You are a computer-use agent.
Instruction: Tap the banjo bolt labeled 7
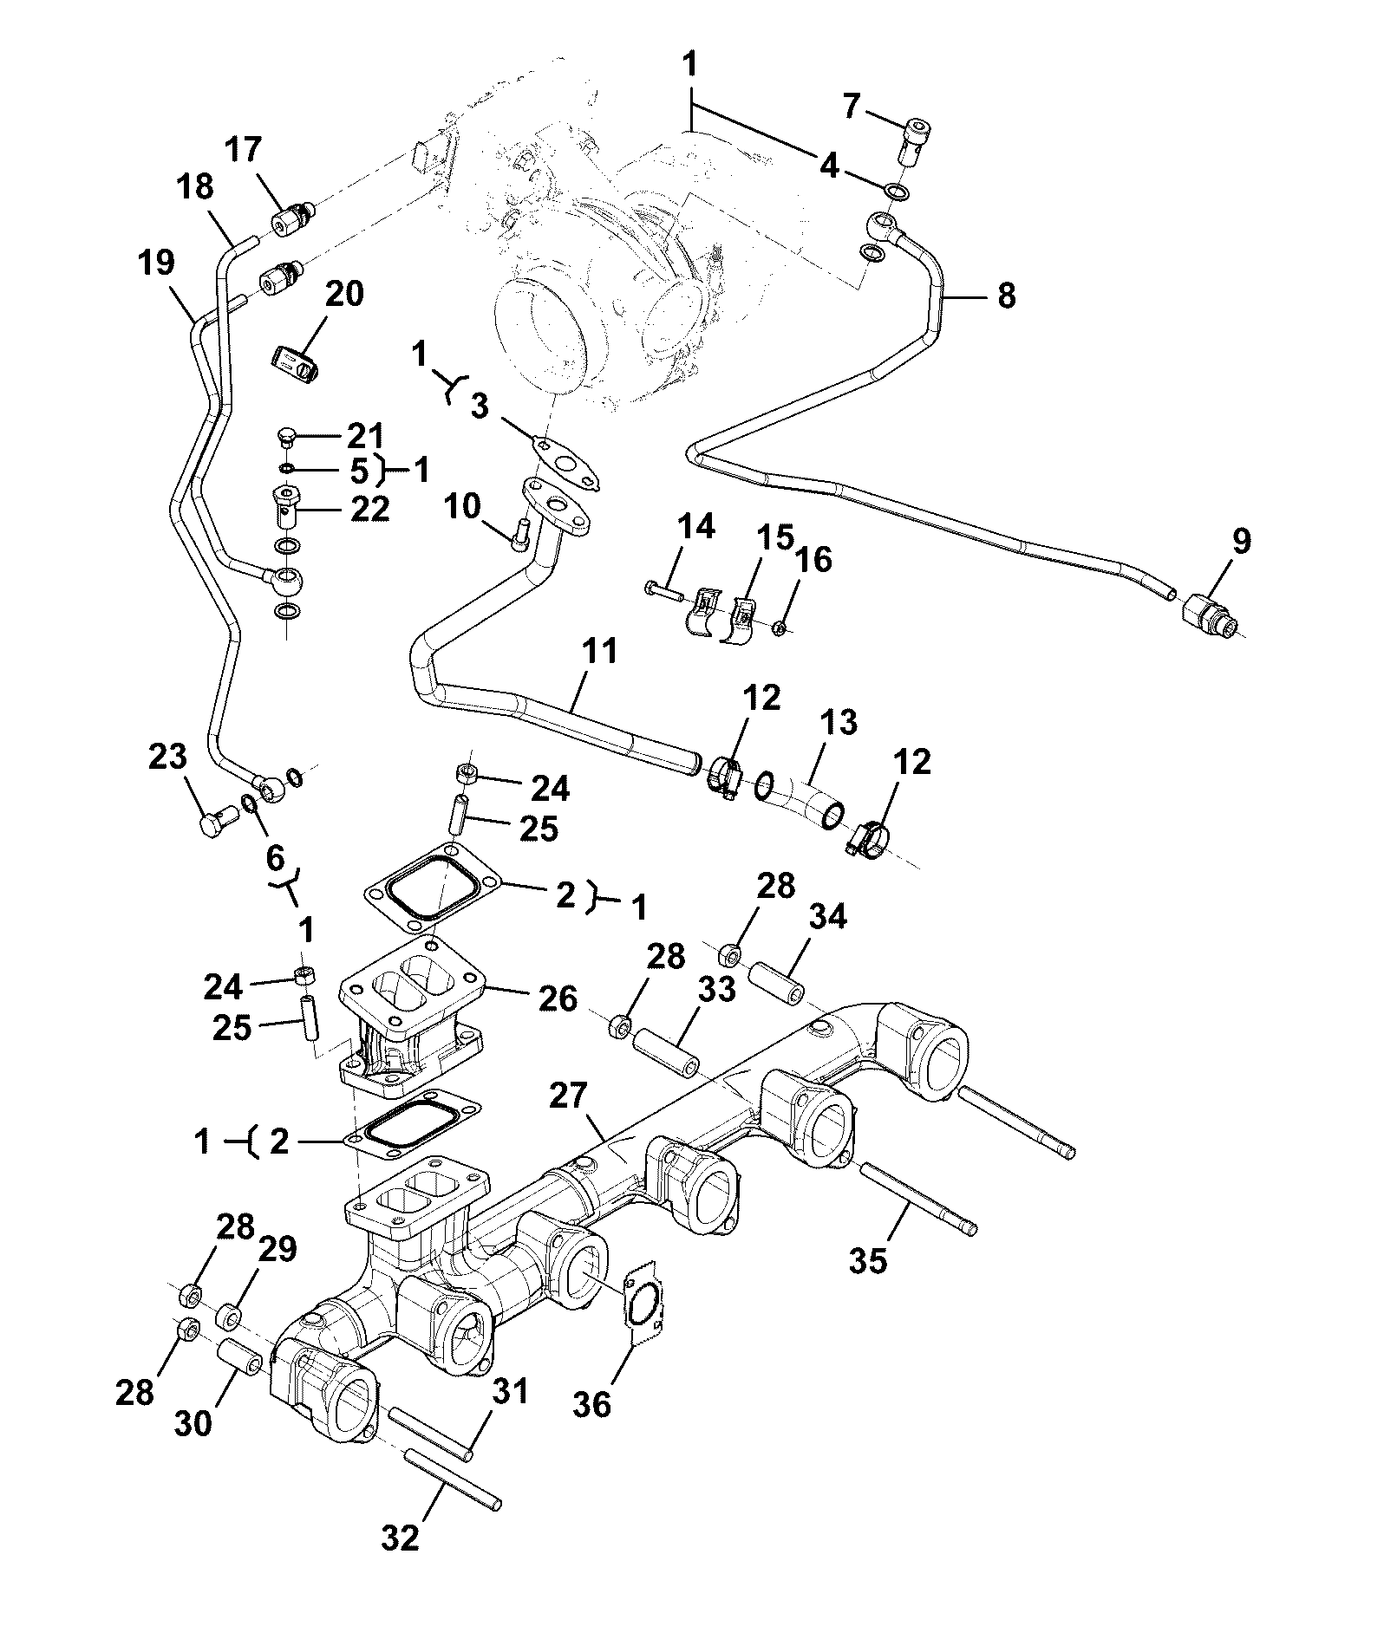[917, 141]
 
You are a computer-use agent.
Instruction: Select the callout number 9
[1241, 542]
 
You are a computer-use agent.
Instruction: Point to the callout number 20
[343, 295]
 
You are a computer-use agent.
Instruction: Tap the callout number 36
[593, 1403]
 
